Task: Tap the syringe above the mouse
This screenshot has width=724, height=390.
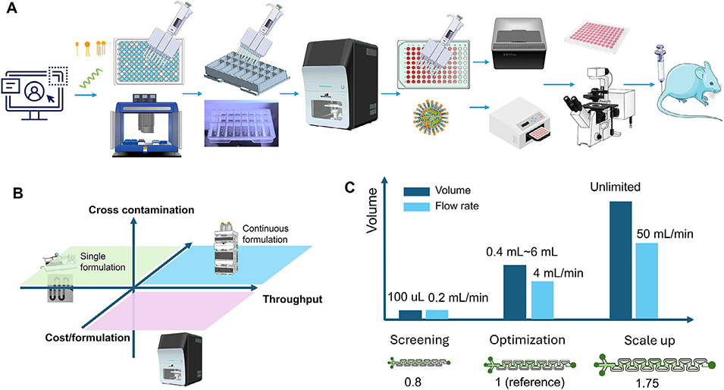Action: (657, 58)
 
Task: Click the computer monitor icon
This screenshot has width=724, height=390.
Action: (34, 91)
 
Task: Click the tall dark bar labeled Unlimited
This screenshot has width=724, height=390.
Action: (620, 258)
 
